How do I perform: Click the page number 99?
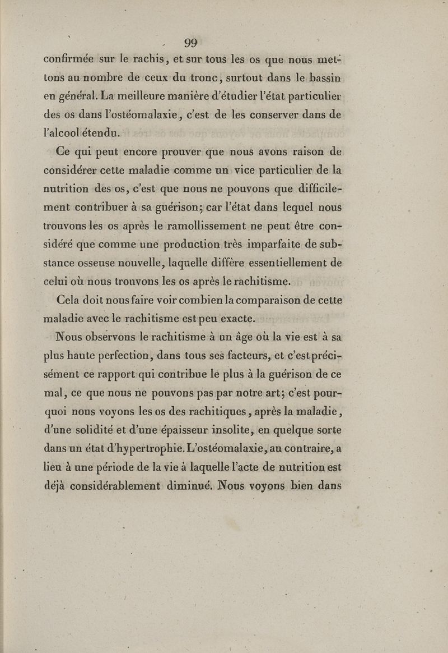[190, 43]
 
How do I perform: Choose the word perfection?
[124, 356]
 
